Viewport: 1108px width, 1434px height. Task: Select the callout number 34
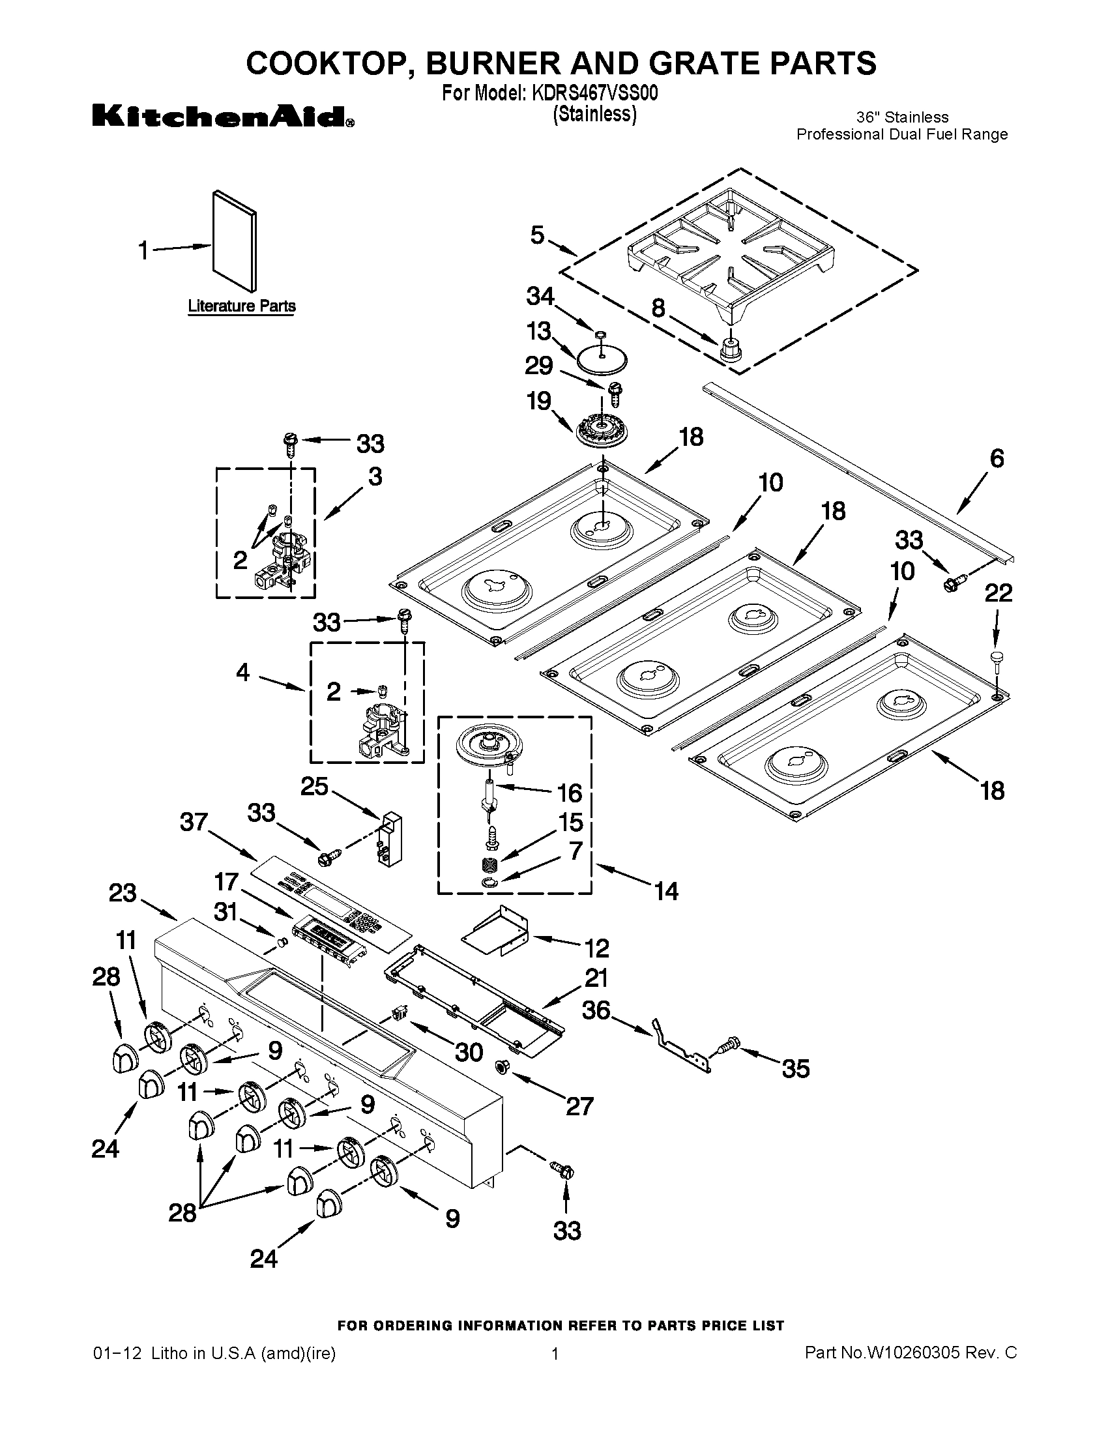click(540, 297)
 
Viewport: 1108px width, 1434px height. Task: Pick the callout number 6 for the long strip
click(997, 458)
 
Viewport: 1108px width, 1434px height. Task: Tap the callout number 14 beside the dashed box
click(665, 891)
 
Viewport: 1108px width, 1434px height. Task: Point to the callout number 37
click(194, 821)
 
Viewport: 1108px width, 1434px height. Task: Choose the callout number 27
click(579, 1105)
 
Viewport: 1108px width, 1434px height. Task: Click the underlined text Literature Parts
click(242, 306)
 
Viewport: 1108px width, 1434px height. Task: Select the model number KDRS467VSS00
click(594, 93)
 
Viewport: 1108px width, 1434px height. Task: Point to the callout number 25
click(314, 786)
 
